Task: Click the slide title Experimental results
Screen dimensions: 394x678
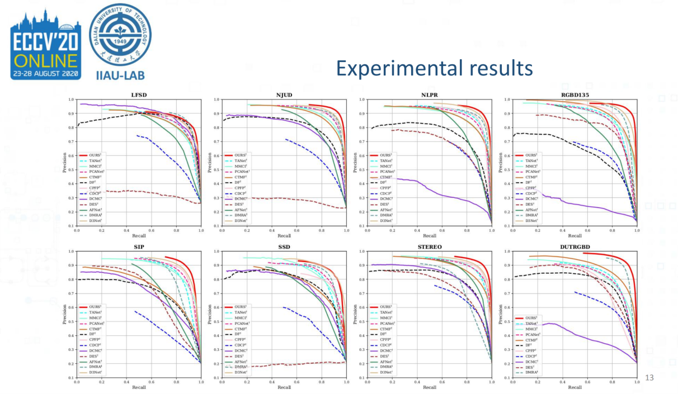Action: click(x=434, y=69)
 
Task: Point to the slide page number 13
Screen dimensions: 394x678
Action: click(x=649, y=378)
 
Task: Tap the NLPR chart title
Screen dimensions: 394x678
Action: click(x=429, y=95)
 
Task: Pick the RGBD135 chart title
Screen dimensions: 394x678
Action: click(x=575, y=95)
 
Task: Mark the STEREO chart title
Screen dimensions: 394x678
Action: click(x=429, y=246)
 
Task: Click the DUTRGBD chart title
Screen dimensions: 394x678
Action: click(x=575, y=246)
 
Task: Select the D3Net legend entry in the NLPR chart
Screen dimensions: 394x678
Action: click(x=386, y=221)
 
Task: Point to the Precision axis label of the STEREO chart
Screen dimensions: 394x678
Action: click(x=356, y=315)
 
